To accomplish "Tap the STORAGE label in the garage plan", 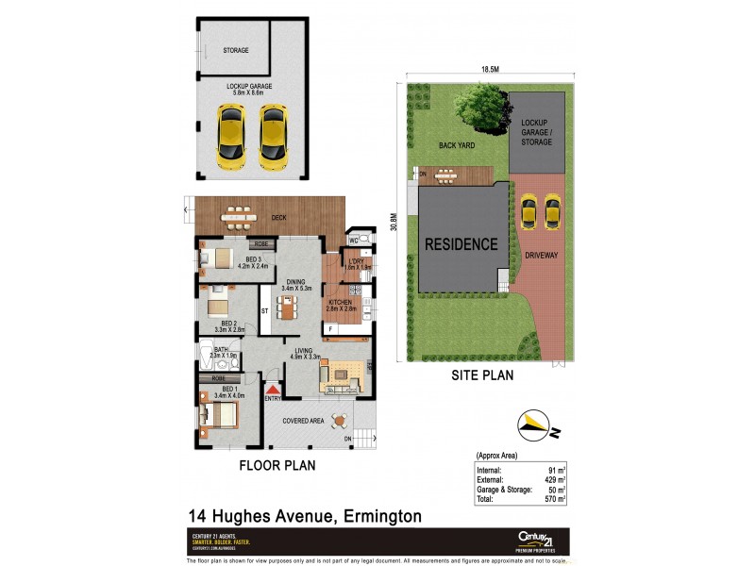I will (x=235, y=50).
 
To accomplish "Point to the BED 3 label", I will (x=254, y=259).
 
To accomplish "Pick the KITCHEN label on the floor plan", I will (x=342, y=302).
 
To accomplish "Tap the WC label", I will (x=355, y=241).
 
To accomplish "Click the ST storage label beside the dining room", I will (x=265, y=308).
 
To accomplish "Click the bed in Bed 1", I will (x=219, y=413).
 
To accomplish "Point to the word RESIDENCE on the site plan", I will (x=461, y=244).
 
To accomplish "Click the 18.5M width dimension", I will (x=489, y=70).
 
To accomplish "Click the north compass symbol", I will (x=534, y=426).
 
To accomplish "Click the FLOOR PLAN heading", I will (x=277, y=465).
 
